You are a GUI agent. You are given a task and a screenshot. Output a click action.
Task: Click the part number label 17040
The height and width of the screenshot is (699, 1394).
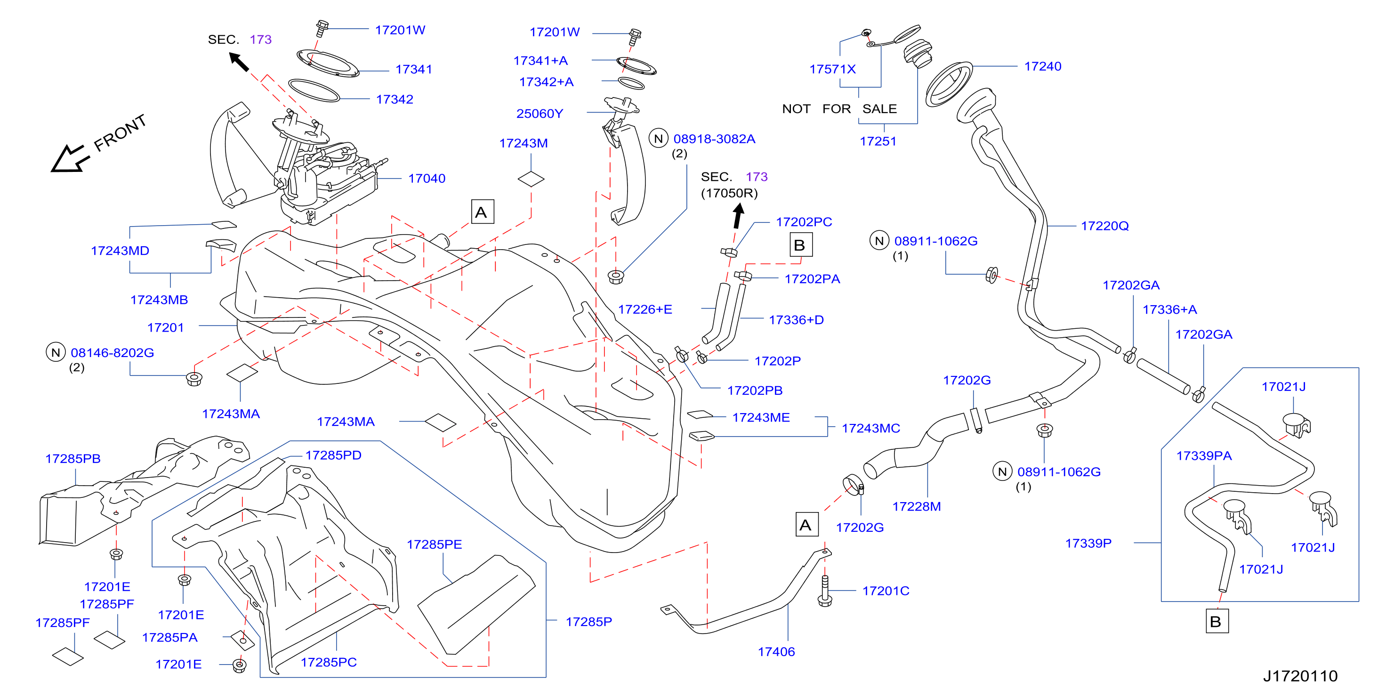click(427, 179)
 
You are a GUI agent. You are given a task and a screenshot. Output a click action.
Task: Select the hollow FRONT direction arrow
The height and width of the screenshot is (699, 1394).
click(69, 158)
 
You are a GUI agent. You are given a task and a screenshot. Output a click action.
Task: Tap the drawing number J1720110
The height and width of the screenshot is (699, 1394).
click(1300, 676)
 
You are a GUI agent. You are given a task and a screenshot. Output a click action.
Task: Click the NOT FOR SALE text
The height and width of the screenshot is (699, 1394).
click(839, 109)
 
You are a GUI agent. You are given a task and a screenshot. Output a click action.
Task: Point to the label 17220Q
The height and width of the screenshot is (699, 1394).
click(1104, 226)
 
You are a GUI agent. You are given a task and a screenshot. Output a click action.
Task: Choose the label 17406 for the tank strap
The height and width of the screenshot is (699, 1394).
click(776, 652)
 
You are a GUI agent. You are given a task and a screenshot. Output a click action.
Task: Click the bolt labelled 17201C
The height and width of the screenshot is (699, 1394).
click(825, 591)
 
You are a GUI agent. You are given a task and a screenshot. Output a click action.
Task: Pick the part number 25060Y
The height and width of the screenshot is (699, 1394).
click(540, 114)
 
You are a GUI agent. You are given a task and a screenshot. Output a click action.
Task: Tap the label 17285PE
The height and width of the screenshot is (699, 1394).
click(434, 545)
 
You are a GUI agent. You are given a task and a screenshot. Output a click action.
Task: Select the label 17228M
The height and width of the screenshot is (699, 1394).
click(916, 507)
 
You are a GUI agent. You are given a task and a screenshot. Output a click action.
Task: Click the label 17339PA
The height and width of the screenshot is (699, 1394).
click(1203, 456)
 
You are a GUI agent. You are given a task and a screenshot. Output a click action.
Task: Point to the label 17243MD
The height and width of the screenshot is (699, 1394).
click(120, 251)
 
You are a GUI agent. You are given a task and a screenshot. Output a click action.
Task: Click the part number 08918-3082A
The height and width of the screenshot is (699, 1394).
click(714, 139)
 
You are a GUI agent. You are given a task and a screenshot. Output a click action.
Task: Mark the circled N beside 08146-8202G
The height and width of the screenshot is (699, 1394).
click(55, 352)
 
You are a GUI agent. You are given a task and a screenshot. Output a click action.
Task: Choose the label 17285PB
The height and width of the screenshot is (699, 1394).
click(73, 459)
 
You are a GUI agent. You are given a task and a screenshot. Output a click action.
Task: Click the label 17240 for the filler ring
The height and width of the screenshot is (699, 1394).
click(1042, 66)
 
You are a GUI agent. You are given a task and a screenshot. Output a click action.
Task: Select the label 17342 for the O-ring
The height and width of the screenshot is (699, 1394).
click(395, 100)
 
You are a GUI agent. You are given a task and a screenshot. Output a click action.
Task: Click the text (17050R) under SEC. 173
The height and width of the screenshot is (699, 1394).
click(729, 193)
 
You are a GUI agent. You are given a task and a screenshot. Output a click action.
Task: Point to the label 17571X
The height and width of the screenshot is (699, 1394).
click(832, 69)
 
